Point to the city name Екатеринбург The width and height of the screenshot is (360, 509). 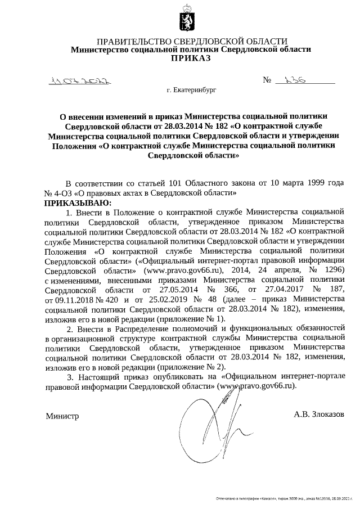click(190, 89)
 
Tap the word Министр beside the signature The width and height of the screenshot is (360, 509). click(62, 416)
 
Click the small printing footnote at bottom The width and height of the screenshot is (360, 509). click(287, 499)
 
